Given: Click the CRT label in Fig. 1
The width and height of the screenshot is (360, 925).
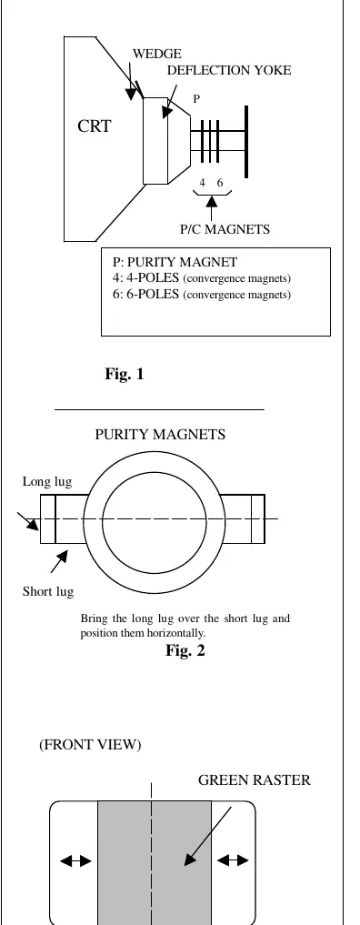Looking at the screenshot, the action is tap(95, 126).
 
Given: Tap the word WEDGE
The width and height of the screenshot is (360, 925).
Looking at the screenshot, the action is tap(156, 55).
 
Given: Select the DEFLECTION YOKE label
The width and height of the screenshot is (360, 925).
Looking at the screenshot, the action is tap(229, 70).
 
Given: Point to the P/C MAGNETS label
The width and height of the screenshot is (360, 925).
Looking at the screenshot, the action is tap(225, 229).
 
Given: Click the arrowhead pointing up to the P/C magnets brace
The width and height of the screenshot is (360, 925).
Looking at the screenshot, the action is tap(212, 202).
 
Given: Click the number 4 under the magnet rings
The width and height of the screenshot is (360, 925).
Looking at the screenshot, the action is tap(202, 183).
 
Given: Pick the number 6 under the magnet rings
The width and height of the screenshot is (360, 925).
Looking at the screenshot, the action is tap(220, 183).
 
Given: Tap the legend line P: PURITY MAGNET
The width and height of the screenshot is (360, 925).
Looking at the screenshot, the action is tap(175, 262).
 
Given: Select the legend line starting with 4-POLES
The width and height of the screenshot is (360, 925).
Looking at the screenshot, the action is tap(202, 277).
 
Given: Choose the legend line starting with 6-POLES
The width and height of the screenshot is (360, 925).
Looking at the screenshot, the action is tap(202, 295).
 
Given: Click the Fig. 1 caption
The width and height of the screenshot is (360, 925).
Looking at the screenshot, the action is tap(125, 374).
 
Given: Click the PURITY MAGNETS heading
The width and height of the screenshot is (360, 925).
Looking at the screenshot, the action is tap(160, 435).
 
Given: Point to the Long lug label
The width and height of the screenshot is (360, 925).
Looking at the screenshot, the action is tap(47, 482).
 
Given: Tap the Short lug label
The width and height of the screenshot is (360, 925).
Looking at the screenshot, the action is tap(48, 591).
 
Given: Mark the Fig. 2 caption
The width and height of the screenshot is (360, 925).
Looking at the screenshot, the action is tap(185, 650).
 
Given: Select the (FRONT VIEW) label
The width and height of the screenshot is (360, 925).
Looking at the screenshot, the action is tap(90, 745).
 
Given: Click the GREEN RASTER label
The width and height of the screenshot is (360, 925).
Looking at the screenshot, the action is tap(254, 780).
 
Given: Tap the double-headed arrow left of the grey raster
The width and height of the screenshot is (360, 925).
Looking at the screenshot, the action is tap(76, 861).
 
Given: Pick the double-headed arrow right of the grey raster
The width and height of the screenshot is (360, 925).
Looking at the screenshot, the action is tap(233, 861).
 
